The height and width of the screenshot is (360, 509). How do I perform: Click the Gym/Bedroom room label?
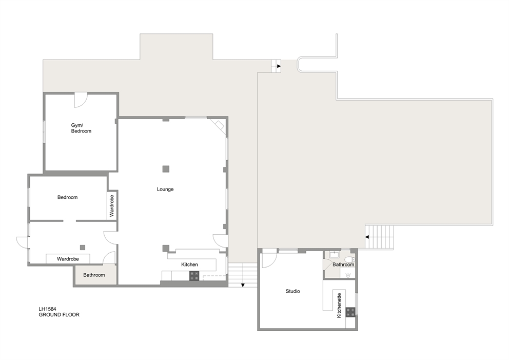point(81,128)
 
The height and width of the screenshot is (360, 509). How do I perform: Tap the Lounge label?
point(165,190)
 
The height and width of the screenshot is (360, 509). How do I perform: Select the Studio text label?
point(292,291)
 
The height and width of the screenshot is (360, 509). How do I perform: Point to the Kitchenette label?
point(339,306)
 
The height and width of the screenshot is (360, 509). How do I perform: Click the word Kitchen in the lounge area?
point(189,264)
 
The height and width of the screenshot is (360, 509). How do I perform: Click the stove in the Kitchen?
point(194,275)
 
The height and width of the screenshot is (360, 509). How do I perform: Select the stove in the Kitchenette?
point(350,312)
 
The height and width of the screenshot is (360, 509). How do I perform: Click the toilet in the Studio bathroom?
point(349,258)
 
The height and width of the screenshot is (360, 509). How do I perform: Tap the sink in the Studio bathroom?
point(332,255)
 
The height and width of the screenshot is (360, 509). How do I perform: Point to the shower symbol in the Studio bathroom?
point(349,274)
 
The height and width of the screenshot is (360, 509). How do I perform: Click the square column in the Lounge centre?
point(166,168)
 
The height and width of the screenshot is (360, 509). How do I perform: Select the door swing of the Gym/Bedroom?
point(81,100)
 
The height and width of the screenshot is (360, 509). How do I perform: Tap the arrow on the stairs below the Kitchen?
point(242,286)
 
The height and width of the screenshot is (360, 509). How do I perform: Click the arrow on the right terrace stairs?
point(367,237)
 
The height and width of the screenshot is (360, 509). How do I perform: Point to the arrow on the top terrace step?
point(279,66)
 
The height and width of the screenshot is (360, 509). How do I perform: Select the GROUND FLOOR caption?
point(59,315)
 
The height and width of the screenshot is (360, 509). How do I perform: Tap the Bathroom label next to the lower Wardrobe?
point(94,275)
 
